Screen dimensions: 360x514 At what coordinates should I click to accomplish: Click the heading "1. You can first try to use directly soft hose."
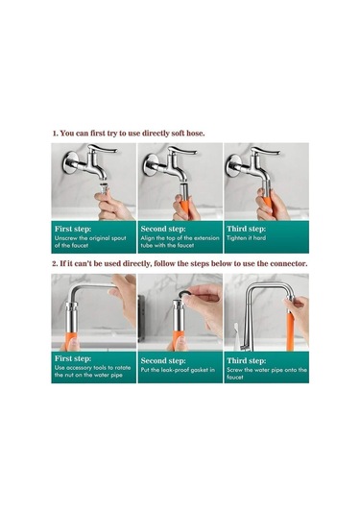[x=129, y=134]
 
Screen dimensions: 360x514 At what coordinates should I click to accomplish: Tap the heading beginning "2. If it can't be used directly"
[x=180, y=263]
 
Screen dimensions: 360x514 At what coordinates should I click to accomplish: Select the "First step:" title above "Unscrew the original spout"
[x=73, y=229]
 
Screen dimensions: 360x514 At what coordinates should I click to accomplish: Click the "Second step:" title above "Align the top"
[x=163, y=229]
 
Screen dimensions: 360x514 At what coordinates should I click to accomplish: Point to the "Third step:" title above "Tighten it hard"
[x=247, y=229]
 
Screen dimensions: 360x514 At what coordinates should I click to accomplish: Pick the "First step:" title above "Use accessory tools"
[x=73, y=358]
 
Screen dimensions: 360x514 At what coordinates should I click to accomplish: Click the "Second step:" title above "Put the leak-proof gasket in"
[x=163, y=360]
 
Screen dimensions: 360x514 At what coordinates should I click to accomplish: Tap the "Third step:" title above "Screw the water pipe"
[x=247, y=360]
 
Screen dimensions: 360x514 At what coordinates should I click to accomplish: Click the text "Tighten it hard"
[x=246, y=238]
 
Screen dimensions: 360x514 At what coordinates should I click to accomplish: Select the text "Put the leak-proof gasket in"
[x=178, y=370]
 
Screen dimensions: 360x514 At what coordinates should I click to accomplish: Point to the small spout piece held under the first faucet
[x=104, y=189]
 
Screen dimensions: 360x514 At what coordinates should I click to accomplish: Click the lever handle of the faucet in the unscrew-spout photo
[x=102, y=149]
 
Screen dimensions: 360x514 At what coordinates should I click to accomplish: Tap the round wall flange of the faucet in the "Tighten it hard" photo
[x=233, y=165]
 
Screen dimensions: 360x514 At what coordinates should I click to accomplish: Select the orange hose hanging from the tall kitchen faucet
[x=290, y=331]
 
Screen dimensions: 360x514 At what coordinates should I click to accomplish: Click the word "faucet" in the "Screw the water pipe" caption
[x=235, y=378]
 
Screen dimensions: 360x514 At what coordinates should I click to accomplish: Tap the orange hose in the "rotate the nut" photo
[x=70, y=341]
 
